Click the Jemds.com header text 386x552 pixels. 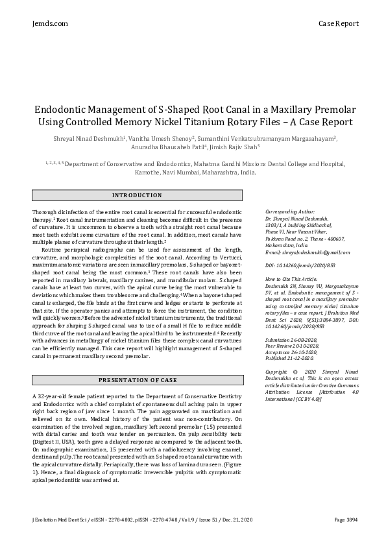point(49,23)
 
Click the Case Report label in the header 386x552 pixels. point(338,23)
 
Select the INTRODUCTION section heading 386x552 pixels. point(137,195)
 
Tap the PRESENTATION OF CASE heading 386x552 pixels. point(137,380)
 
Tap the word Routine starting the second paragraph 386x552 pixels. point(54,250)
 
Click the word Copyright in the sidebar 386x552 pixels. point(278,372)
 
